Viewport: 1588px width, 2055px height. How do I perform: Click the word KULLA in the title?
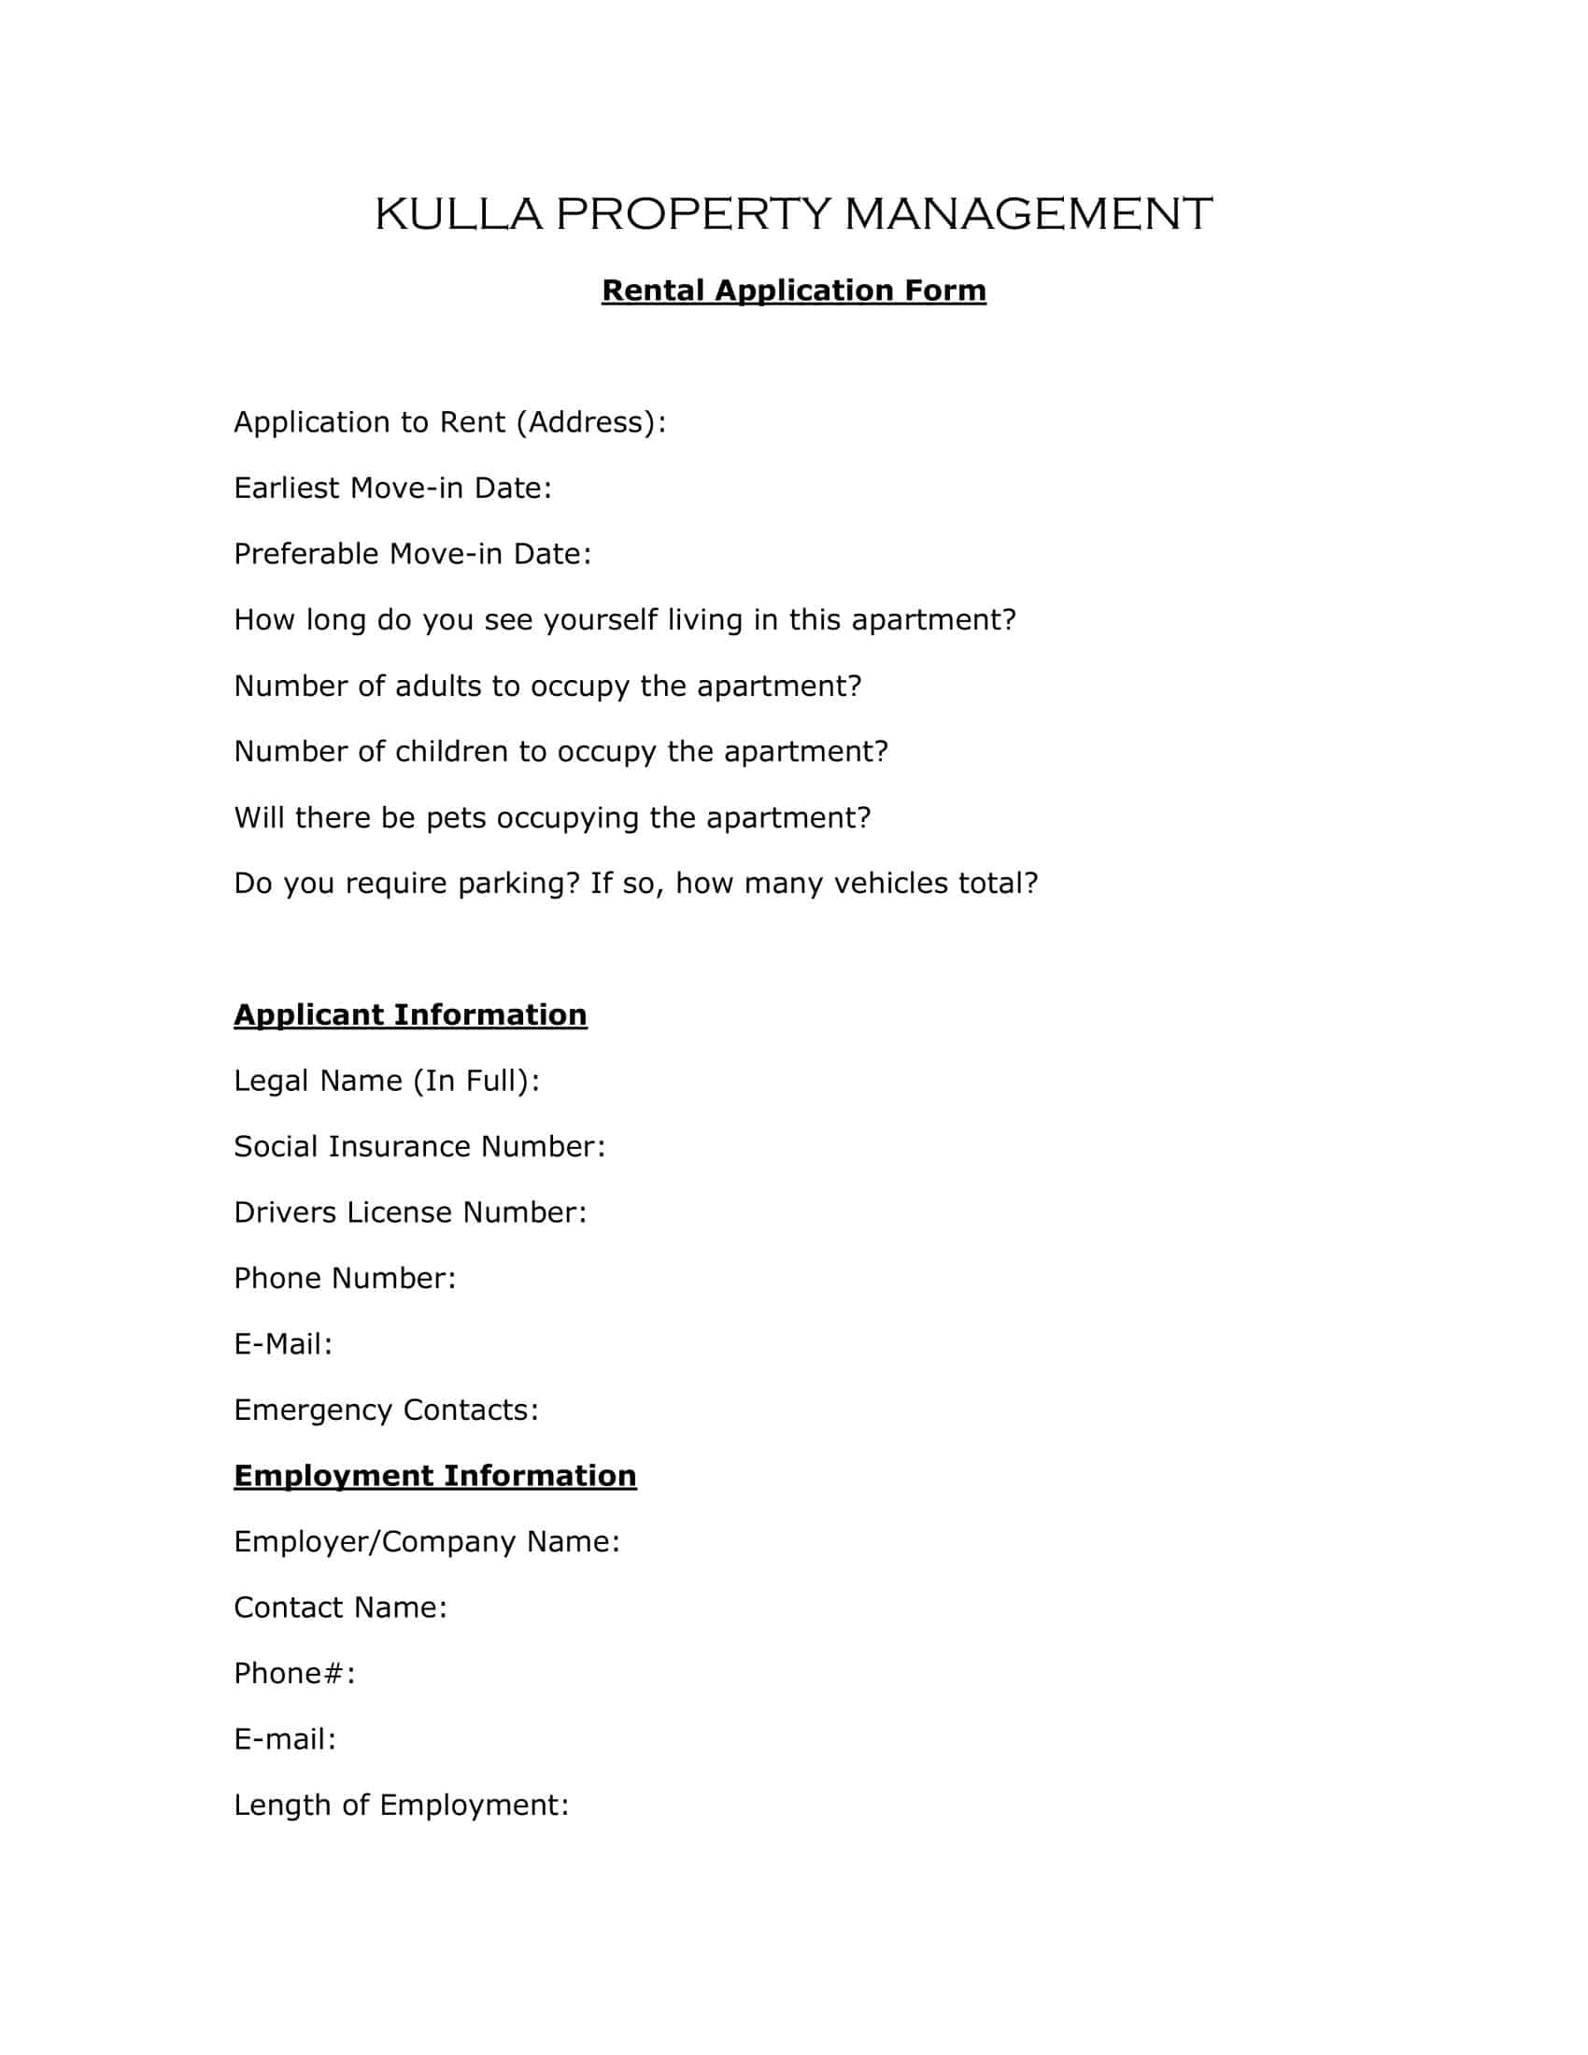(x=458, y=215)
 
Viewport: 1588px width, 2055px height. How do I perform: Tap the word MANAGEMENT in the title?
(x=1028, y=215)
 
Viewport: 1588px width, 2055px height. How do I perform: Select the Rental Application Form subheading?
(x=793, y=291)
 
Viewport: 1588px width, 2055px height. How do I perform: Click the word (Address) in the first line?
(x=590, y=422)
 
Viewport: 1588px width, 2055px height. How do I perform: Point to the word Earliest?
(x=286, y=489)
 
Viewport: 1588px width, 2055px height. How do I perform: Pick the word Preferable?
(x=305, y=554)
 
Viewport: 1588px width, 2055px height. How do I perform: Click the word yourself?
(x=601, y=620)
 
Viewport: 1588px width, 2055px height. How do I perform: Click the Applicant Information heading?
(x=410, y=1015)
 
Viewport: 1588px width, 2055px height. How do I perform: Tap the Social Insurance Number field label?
(x=418, y=1147)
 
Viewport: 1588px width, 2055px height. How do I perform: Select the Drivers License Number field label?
(x=410, y=1212)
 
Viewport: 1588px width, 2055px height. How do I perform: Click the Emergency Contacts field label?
(x=386, y=1410)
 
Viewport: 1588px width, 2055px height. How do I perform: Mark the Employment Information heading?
(x=434, y=1476)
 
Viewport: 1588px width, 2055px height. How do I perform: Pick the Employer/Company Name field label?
(x=426, y=1542)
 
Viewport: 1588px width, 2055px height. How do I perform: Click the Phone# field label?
(x=294, y=1674)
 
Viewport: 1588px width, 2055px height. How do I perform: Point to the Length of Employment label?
(x=401, y=1806)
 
